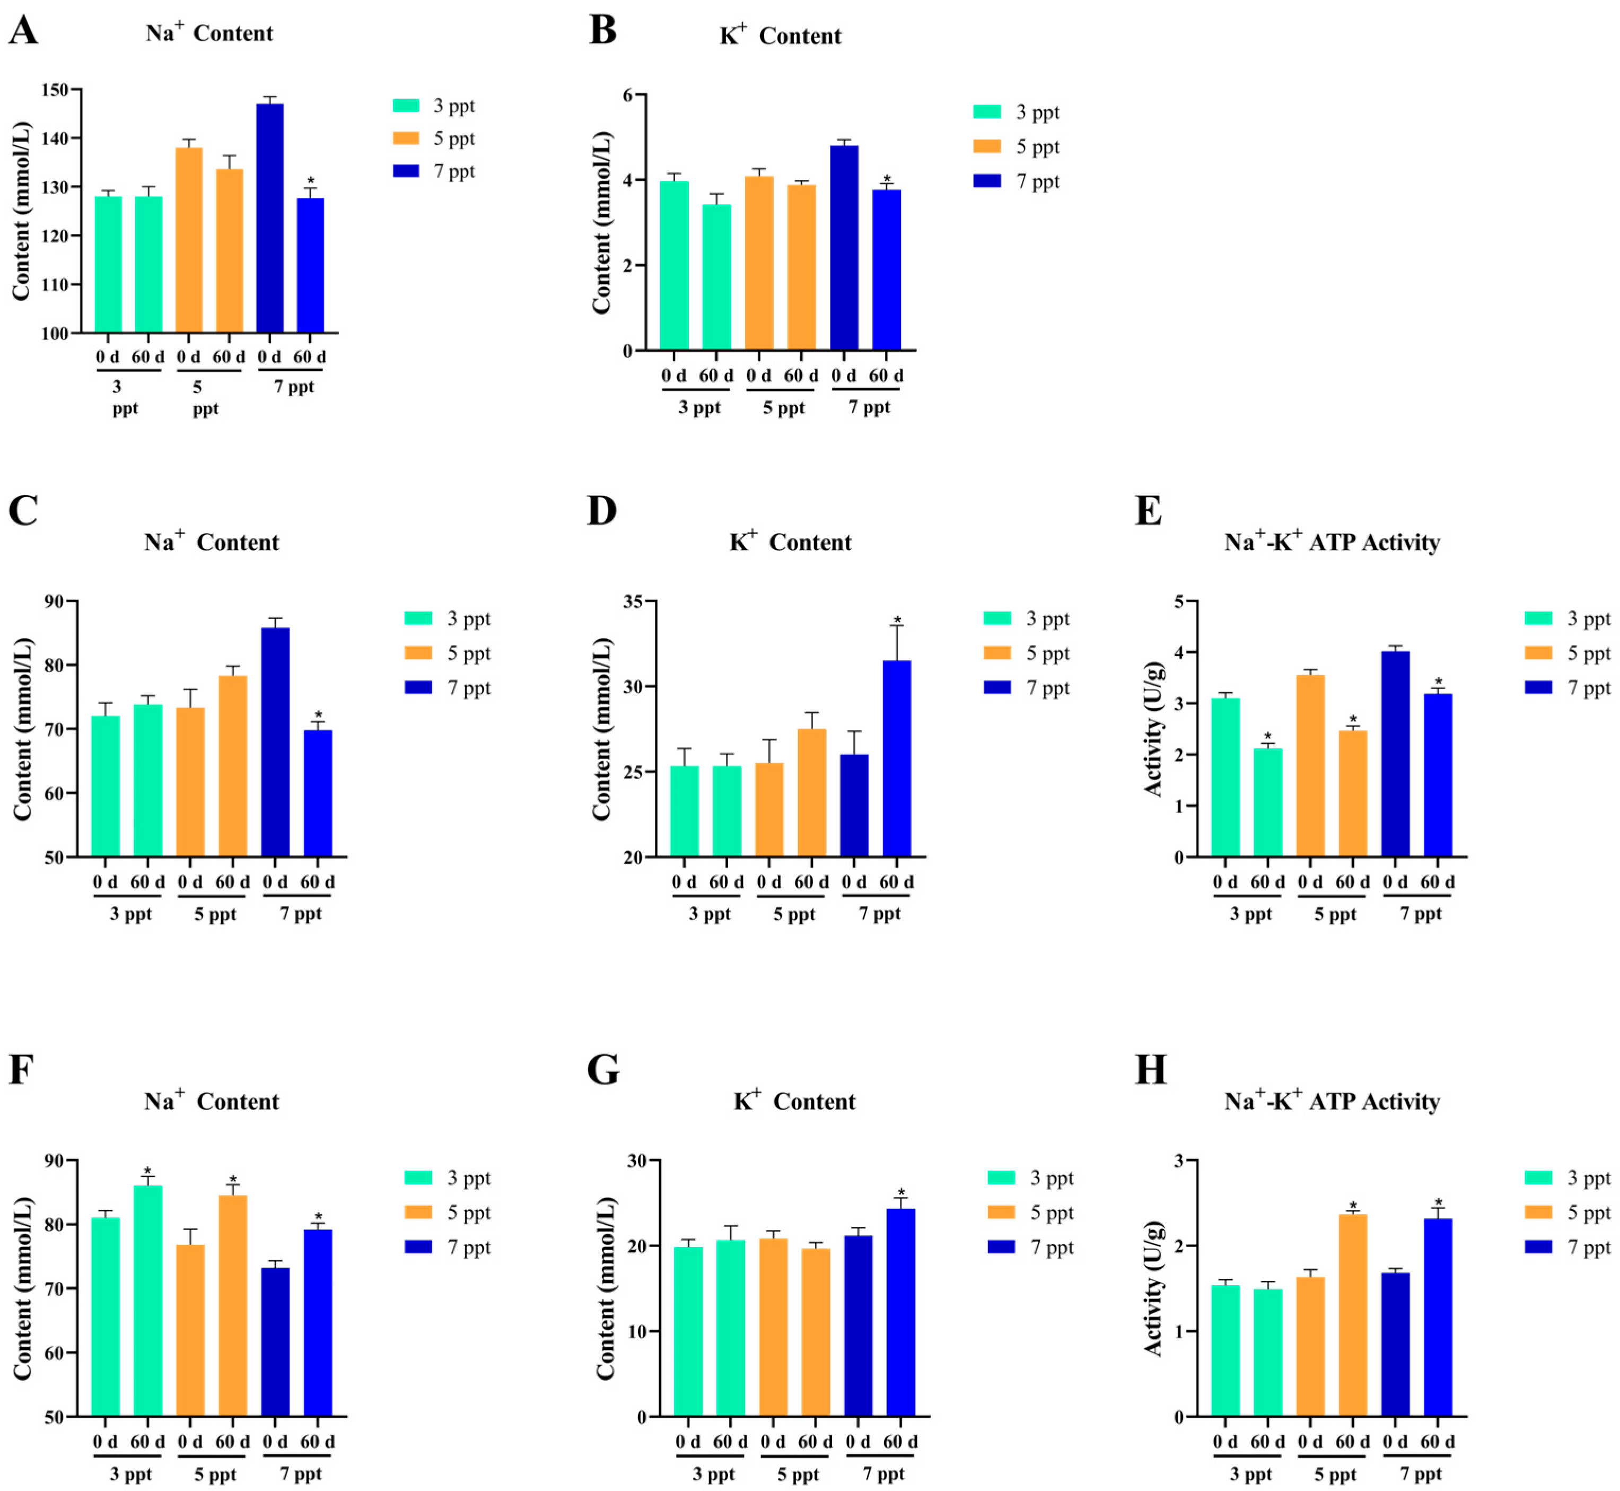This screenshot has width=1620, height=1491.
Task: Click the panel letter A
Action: pyautogui.click(x=23, y=31)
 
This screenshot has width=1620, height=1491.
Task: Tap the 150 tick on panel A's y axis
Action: pyautogui.click(x=55, y=90)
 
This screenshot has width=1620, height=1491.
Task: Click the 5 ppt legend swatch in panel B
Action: pyautogui.click(x=987, y=146)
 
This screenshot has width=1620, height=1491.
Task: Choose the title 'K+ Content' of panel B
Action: pyautogui.click(x=780, y=36)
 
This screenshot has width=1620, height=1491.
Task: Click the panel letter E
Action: pyautogui.click(x=1148, y=511)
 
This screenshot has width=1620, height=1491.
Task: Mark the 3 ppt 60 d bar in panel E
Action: pyautogui.click(x=1267, y=802)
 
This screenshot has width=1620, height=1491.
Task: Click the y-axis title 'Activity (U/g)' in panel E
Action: pyautogui.click(x=1154, y=729)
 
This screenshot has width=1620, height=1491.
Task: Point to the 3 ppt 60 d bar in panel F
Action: pyautogui.click(x=147, y=1301)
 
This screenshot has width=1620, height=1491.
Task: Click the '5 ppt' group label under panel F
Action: pyautogui.click(x=215, y=1474)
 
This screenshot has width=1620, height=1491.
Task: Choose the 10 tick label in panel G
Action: pyautogui.click(x=637, y=1331)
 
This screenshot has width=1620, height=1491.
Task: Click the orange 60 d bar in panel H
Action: pyautogui.click(x=1353, y=1315)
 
